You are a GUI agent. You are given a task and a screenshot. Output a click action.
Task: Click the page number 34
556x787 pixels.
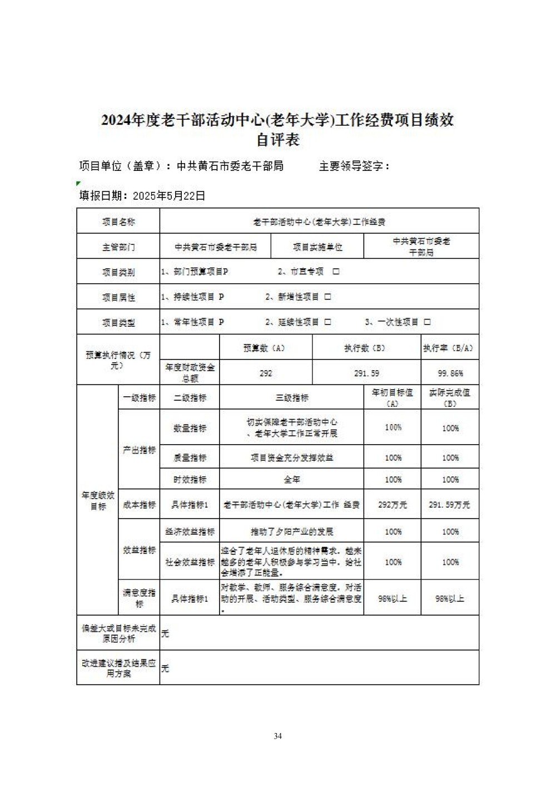tap(277, 736)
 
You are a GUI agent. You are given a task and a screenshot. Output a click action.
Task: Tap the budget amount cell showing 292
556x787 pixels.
tap(266, 373)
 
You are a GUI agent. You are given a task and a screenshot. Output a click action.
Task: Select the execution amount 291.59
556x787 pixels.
tap(366, 373)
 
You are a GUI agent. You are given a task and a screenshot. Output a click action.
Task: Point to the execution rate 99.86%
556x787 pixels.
tap(450, 373)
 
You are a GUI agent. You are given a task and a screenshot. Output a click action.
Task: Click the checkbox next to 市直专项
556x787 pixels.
tap(336, 272)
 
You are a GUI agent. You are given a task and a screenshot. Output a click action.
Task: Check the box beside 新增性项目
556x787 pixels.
tap(327, 297)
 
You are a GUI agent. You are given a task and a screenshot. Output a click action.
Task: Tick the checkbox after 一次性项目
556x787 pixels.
tap(427, 322)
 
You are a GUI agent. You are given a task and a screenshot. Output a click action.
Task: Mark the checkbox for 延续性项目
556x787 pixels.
tap(327, 322)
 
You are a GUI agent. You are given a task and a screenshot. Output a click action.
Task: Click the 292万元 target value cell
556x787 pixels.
tap(393, 505)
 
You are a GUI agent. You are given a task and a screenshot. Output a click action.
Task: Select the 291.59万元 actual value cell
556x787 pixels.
tap(449, 505)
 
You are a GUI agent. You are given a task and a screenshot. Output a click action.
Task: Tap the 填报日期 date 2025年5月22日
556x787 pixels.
tap(169, 195)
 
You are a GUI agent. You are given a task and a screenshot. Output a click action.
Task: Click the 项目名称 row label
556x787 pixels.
tap(118, 222)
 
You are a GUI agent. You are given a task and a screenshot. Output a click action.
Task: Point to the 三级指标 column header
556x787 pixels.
tap(292, 397)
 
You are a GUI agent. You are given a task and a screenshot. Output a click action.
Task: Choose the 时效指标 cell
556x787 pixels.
tap(190, 479)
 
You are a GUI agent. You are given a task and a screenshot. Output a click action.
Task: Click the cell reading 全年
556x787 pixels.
tap(292, 479)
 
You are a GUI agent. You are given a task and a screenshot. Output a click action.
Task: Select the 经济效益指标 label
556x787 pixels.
tap(190, 532)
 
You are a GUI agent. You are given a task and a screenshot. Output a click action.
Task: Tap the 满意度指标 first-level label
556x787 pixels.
tap(139, 598)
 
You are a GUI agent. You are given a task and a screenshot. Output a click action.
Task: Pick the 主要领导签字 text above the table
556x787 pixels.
tap(354, 166)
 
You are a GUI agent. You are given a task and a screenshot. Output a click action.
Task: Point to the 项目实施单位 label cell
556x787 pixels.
tap(317, 247)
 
